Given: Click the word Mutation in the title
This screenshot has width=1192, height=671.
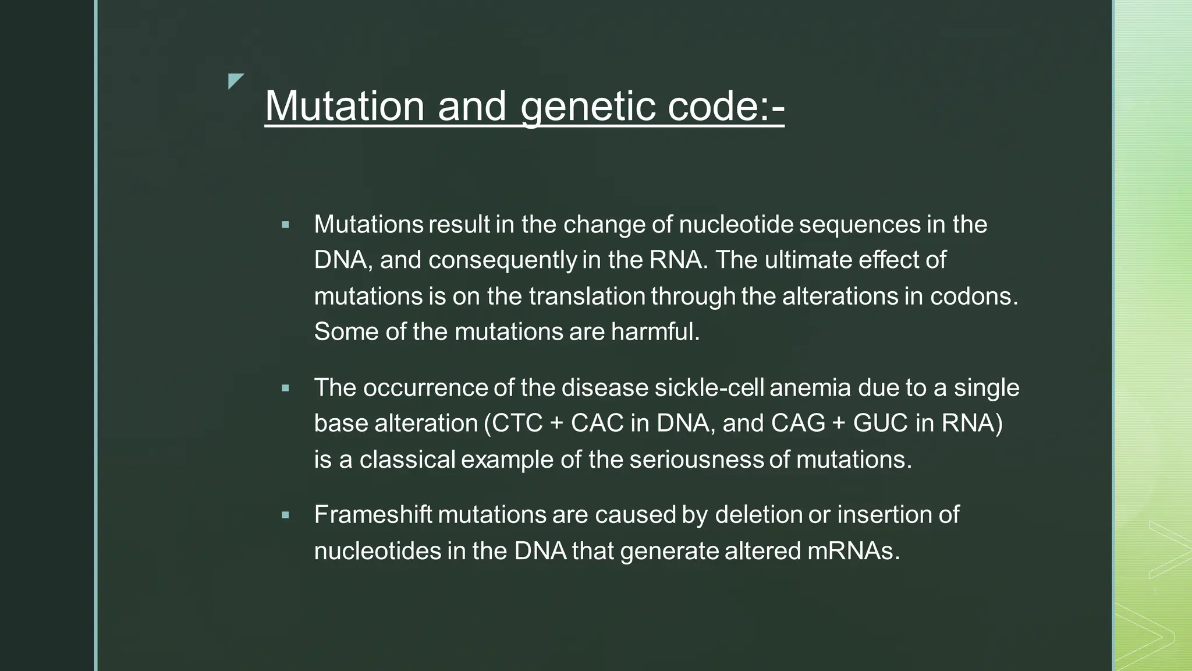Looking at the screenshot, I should [x=345, y=106].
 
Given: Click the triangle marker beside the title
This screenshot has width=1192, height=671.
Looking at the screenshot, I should [x=235, y=80].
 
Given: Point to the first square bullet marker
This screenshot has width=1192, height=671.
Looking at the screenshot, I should [x=285, y=224].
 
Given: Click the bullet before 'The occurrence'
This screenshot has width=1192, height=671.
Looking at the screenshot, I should [x=285, y=388].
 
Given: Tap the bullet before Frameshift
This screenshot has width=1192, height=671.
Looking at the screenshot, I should [x=285, y=515].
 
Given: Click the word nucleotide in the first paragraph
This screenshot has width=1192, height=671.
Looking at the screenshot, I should [x=736, y=224].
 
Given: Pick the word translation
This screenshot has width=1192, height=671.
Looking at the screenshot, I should [x=587, y=296].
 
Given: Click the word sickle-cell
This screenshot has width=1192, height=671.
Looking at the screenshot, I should [x=708, y=388].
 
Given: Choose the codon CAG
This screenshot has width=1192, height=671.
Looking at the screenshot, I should [x=798, y=423].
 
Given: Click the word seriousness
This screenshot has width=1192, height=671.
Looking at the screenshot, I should [x=696, y=460].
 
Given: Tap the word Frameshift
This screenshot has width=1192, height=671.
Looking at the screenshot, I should [x=372, y=515].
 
